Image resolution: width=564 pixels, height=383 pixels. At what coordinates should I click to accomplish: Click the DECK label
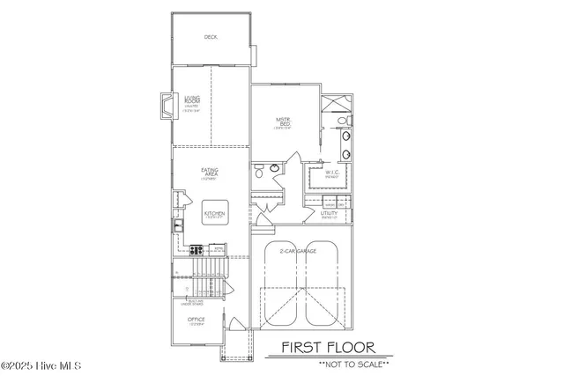[x=210, y=37]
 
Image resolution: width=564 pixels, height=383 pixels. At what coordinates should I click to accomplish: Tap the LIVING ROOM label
[x=192, y=102]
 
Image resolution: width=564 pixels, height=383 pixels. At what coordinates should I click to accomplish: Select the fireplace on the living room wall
[x=165, y=107]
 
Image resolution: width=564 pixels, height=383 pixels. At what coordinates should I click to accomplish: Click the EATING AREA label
[x=210, y=173]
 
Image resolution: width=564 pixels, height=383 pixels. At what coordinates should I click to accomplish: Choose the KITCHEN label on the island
[x=214, y=214]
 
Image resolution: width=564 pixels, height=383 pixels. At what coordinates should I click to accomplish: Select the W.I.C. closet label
[x=332, y=173]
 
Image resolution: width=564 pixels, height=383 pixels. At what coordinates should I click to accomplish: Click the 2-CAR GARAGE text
[x=301, y=251]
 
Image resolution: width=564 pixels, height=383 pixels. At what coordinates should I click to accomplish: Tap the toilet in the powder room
[x=259, y=173]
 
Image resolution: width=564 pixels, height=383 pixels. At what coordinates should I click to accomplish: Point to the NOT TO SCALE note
[x=353, y=364]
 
